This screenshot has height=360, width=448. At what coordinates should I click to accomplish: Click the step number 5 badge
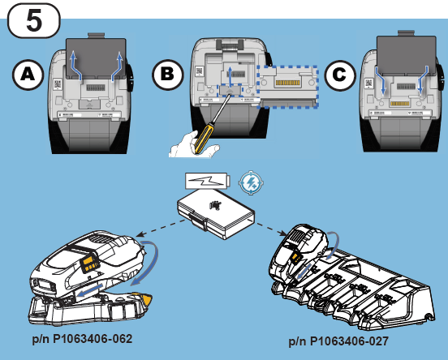35,19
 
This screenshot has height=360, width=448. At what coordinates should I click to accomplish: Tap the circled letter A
28,75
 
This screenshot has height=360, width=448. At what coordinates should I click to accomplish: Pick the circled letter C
340,75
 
